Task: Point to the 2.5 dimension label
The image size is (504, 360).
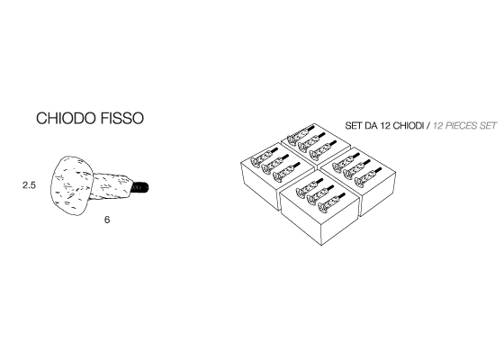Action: (x=29, y=185)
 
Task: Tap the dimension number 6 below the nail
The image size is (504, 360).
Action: (x=107, y=220)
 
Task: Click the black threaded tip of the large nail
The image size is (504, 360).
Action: (x=140, y=187)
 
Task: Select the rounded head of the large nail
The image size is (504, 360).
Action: (x=71, y=185)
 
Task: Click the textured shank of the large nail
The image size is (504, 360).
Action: (x=112, y=186)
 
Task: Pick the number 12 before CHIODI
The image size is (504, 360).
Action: (x=385, y=126)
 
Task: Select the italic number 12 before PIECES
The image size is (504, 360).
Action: (x=438, y=126)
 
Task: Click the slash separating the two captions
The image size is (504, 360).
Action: (x=428, y=126)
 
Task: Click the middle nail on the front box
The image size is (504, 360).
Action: (x=320, y=194)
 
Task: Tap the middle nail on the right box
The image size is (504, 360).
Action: (x=356, y=169)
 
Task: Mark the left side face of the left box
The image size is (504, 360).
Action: (x=260, y=186)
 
